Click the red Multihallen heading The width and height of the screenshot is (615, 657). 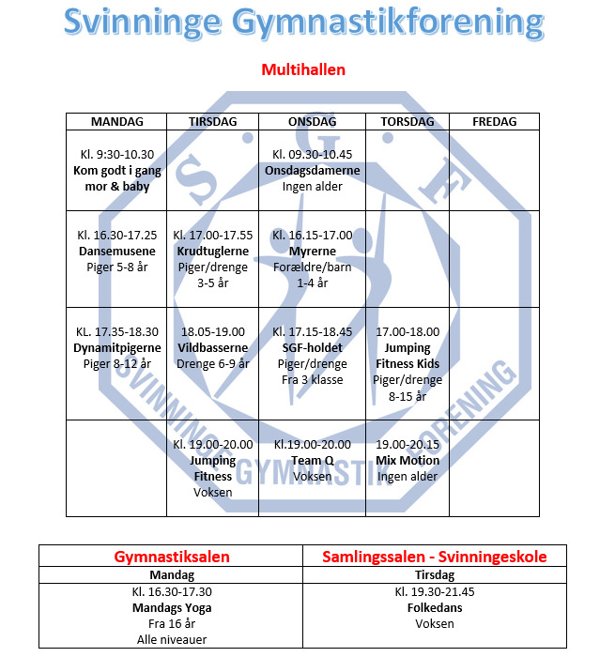pos(302,69)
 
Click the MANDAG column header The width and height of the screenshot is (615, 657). pos(116,122)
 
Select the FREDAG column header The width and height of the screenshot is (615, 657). pos(494,122)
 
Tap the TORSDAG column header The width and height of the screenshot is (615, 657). pos(407,122)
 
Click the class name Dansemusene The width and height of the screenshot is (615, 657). pos(116,252)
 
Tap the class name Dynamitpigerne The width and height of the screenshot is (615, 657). pos(116,348)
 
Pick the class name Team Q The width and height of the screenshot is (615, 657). pos(313,461)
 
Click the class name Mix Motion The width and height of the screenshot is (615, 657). pos(407,461)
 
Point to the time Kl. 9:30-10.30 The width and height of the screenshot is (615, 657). pos(116,154)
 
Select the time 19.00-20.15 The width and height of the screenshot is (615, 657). pos(407,445)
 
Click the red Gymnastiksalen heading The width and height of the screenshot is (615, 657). pos(172,557)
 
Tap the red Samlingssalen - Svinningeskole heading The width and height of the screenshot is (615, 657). pos(435,557)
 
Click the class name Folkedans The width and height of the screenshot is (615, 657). pos(435,607)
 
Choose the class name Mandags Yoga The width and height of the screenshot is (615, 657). pos(172,607)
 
